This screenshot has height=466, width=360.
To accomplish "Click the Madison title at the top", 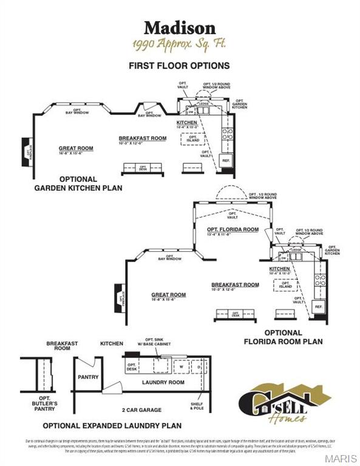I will click(x=179, y=27).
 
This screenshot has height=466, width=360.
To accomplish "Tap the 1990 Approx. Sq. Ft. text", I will click(x=179, y=44).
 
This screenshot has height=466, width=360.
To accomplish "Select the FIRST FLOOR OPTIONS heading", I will click(x=179, y=65).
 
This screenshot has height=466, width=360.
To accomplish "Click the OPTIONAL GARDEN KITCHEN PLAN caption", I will click(x=78, y=183).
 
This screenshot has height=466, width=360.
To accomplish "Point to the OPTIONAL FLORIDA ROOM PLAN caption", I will click(x=283, y=337).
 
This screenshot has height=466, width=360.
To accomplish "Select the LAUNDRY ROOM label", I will click(x=163, y=382).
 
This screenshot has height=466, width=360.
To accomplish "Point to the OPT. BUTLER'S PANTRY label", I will click(x=44, y=406).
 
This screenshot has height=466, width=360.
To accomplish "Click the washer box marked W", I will click(x=181, y=366).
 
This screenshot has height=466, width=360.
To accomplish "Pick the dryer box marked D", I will click(x=198, y=366).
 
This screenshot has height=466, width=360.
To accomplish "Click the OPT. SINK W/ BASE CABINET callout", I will click(x=157, y=342).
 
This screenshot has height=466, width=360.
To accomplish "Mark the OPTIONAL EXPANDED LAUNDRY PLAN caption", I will click(x=112, y=425).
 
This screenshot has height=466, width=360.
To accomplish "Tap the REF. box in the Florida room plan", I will click(x=318, y=308).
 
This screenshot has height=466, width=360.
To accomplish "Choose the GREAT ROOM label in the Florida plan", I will click(x=168, y=295).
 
